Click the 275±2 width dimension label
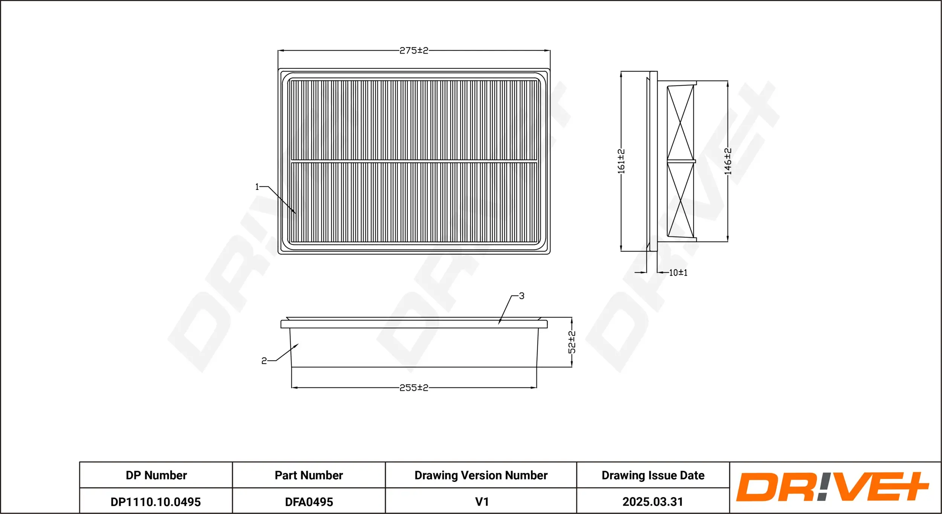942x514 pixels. tap(414, 51)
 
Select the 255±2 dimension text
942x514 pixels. tap(414, 388)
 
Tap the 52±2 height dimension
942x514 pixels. tap(572, 342)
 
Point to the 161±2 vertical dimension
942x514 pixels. tap(621, 161)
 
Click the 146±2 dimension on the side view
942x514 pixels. tap(728, 161)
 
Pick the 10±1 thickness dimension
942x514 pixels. tap(678, 273)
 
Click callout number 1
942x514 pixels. tap(257, 187)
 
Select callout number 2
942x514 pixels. tap(264, 361)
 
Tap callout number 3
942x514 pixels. tap(521, 296)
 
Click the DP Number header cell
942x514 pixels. tap(156, 475)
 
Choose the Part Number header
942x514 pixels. tap(309, 475)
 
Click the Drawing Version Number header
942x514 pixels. tap(481, 475)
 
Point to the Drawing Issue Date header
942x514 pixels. tap(653, 475)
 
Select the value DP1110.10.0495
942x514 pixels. tap(156, 502)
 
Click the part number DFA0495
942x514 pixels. tap(309, 502)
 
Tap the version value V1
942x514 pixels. tap(482, 502)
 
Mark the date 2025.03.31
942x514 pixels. tap(653, 502)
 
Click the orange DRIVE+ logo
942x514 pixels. tap(833, 486)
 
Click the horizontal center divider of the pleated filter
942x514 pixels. tap(414, 161)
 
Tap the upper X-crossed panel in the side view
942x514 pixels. tap(681, 123)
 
